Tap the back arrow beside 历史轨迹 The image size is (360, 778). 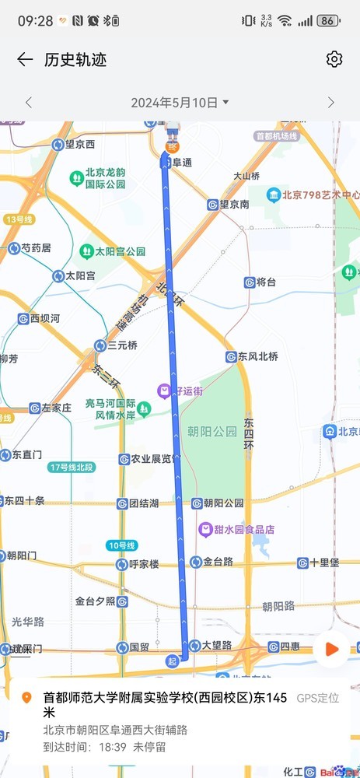[25, 60]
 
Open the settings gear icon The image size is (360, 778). [334, 60]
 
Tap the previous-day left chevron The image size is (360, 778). [29, 103]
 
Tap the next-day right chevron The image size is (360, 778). [330, 103]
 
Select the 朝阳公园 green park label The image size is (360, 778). [212, 431]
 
